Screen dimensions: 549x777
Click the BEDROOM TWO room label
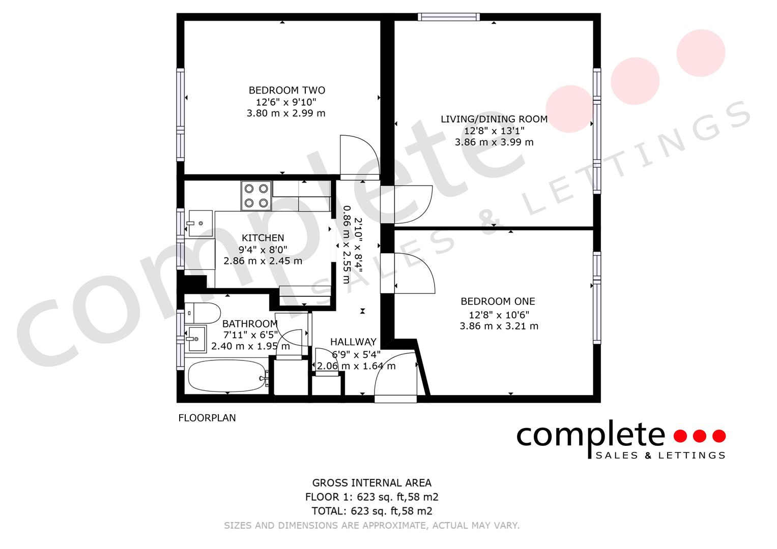pos(286,90)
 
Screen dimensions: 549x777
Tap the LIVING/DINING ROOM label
pos(494,119)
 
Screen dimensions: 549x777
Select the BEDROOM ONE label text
pos(498,301)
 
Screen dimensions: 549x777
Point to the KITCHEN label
pos(263,238)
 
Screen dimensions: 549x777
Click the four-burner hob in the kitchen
pos(256,196)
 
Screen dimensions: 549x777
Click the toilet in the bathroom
pos(202,312)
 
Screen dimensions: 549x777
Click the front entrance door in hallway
pos(396,375)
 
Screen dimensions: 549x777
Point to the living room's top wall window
pos(448,17)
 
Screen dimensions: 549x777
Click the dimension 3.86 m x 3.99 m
pos(494,142)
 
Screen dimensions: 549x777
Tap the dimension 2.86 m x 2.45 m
pos(263,261)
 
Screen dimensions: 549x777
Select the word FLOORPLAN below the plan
pos(207,418)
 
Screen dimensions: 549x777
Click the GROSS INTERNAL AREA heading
pos(371,483)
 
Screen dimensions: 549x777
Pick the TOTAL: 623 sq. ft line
pos(371,511)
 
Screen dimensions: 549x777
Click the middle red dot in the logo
pos(700,436)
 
